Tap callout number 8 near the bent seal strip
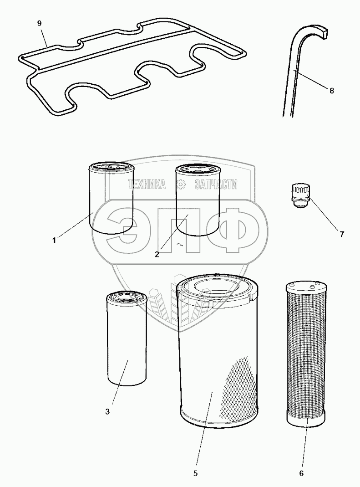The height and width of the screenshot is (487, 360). (331, 91)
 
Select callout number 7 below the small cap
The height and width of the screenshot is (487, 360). (341, 234)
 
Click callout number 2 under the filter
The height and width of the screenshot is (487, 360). (157, 254)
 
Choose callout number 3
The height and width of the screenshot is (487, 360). (107, 412)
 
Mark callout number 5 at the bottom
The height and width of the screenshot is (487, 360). (195, 473)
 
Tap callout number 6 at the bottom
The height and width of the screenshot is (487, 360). (301, 473)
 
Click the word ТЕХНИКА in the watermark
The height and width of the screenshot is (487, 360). (147, 184)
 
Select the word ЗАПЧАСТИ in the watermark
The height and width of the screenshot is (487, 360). (216, 184)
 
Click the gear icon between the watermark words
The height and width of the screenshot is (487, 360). (181, 184)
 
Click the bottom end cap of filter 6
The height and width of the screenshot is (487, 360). (305, 416)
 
